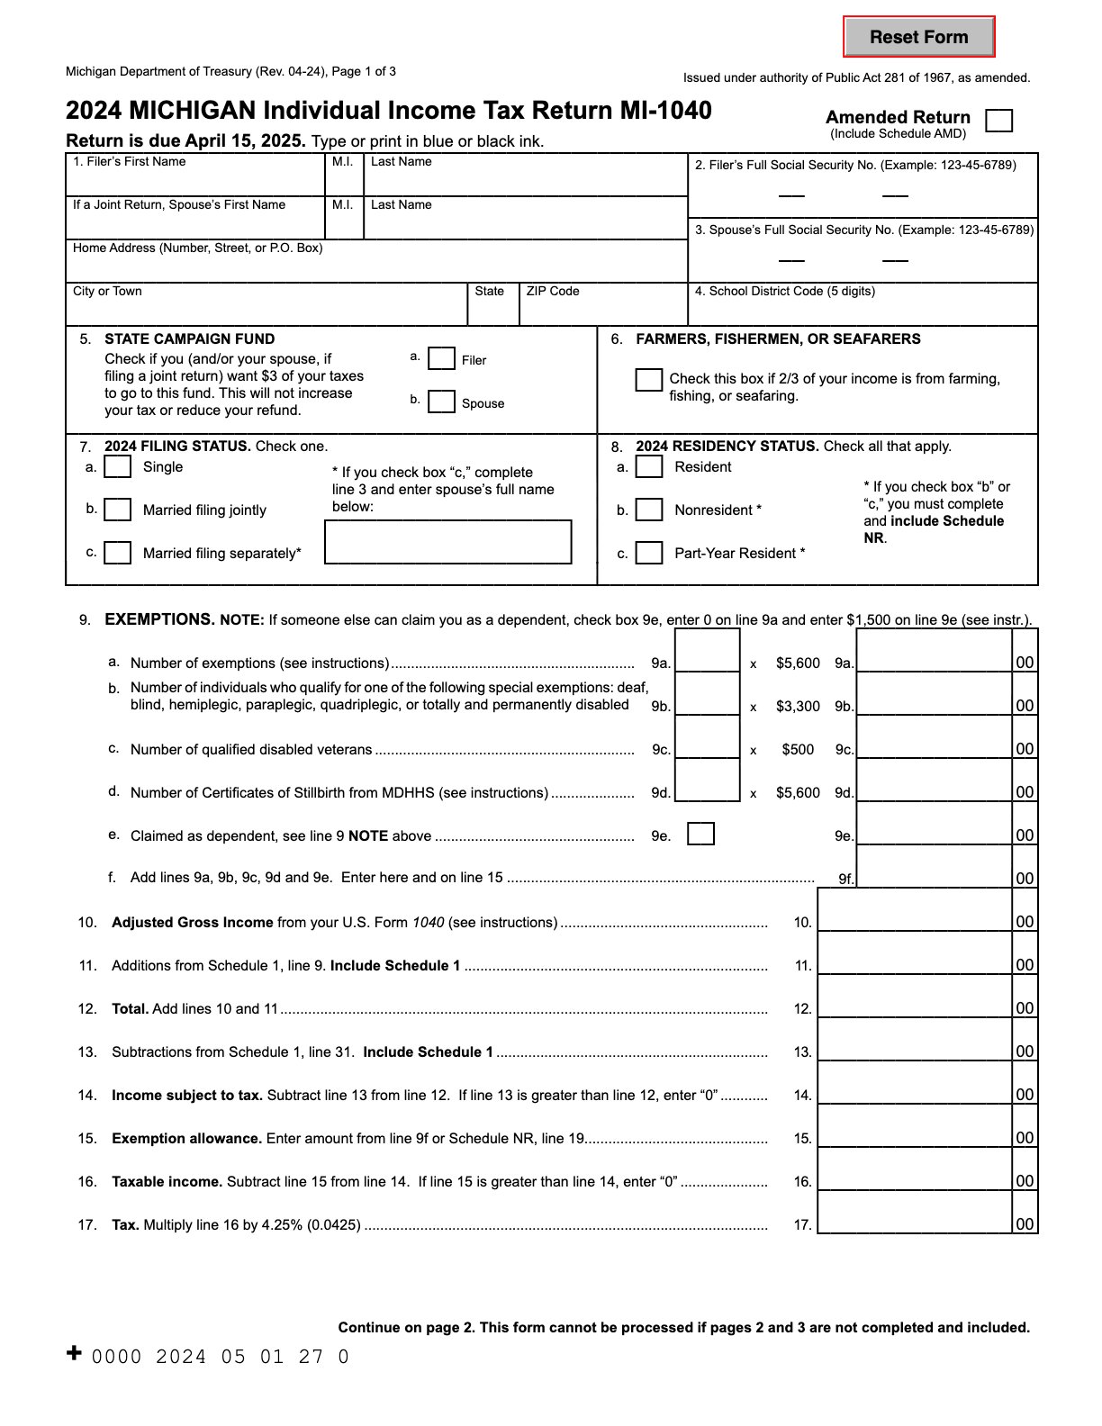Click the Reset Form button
[918, 37]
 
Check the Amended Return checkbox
[998, 121]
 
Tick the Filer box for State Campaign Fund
[441, 359]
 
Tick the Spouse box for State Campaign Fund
[441, 402]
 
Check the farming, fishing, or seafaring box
[648, 380]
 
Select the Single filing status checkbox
[118, 466]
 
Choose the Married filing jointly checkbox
[118, 510]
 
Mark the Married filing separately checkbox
[118, 552]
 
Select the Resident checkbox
[649, 466]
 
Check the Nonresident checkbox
[649, 510]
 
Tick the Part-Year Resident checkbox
[649, 552]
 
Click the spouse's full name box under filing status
[448, 542]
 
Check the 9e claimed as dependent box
[700, 835]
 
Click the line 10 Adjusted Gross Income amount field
[915, 911]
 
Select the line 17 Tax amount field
[915, 1214]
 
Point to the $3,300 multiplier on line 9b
[798, 707]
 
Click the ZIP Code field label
[553, 292]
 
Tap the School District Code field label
[784, 292]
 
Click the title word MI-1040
[665, 111]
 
